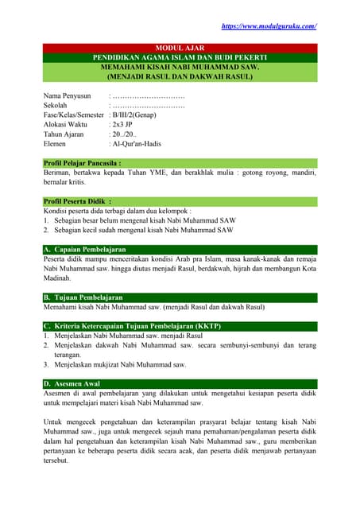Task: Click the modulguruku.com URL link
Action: tap(269, 26)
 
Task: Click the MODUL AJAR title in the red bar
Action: tap(180, 49)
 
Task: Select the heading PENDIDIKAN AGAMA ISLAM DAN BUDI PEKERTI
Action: tap(180, 59)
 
